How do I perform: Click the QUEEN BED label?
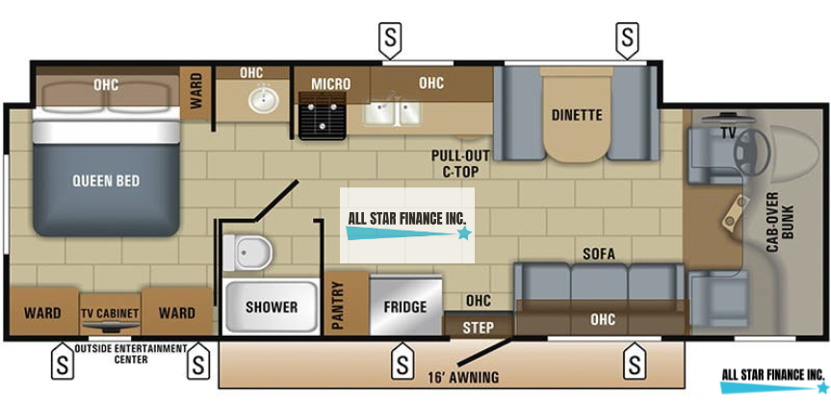106,180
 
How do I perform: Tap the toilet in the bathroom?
252,254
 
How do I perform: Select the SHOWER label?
271,308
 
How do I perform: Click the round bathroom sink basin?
258,98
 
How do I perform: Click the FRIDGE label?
404,308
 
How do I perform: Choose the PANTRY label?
338,307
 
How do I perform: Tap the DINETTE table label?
577,115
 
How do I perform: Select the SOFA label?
598,254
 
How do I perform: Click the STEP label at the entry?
478,328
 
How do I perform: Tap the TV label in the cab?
728,132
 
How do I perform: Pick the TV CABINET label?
110,314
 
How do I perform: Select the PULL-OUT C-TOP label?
460,163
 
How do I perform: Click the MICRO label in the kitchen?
330,84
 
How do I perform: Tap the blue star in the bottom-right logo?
822,388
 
